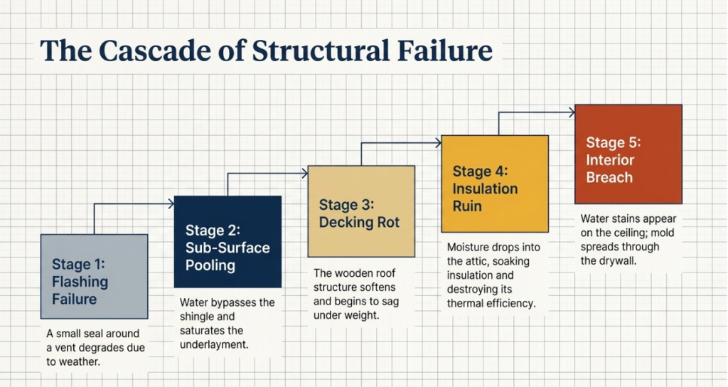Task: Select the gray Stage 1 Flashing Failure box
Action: [94, 276]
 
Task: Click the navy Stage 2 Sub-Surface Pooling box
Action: [227, 241]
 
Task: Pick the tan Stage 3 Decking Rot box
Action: [361, 211]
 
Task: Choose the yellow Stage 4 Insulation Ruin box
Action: [495, 184]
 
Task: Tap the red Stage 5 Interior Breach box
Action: [628, 154]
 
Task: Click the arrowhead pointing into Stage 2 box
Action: [171, 203]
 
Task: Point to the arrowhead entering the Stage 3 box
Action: [305, 172]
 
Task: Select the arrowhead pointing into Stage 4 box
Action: [439, 143]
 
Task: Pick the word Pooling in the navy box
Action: [210, 265]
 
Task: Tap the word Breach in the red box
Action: [609, 176]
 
